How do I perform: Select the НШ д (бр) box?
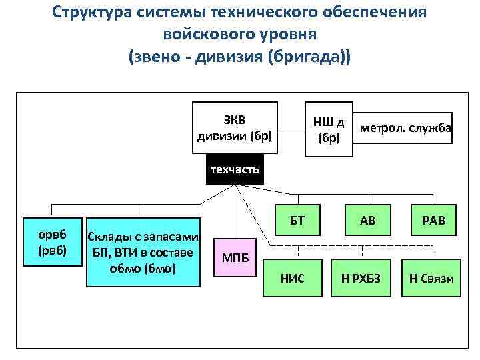tap(328, 129)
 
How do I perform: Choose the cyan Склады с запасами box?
tap(143, 252)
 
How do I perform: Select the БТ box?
tap(297, 220)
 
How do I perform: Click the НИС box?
tap(293, 278)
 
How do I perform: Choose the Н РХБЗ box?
tap(361, 278)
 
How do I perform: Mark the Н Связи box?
tap(427, 278)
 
